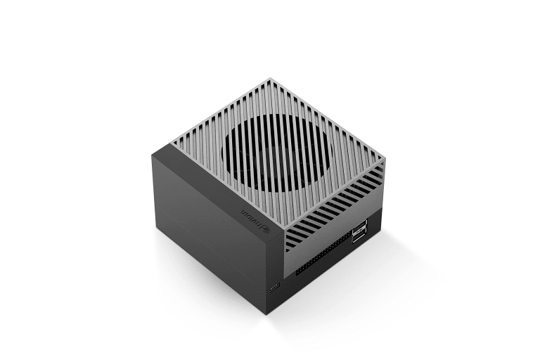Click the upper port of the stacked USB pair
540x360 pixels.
pos(360,226)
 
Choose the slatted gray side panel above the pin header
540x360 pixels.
pos(330,225)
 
